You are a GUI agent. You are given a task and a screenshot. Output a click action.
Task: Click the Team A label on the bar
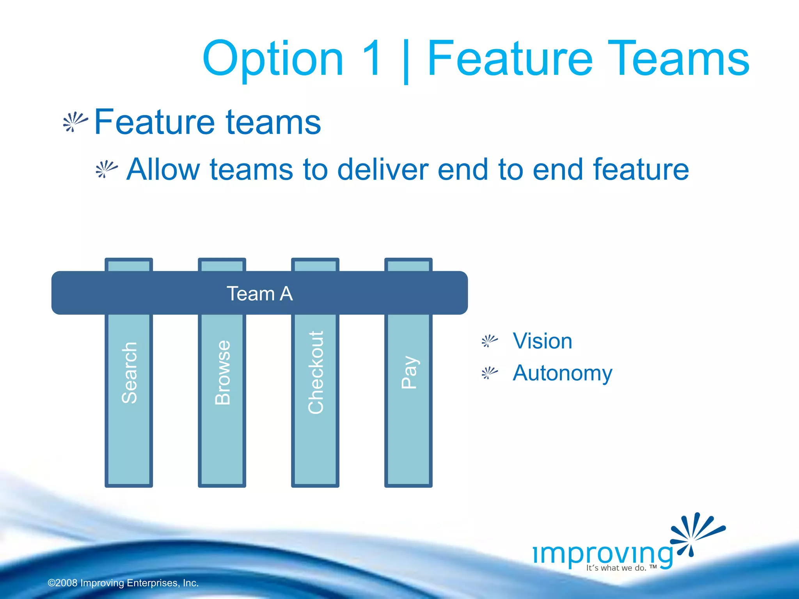[259, 294]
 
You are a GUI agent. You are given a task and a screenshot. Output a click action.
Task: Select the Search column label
[130, 372]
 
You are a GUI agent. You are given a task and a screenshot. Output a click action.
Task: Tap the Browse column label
[223, 372]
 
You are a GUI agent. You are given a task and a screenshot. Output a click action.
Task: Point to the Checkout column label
[316, 372]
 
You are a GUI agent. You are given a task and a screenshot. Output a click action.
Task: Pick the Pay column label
[409, 372]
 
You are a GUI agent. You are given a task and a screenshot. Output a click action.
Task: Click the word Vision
[542, 341]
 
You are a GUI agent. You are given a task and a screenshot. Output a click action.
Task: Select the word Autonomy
[562, 373]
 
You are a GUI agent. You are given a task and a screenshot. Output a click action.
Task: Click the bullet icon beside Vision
[489, 341]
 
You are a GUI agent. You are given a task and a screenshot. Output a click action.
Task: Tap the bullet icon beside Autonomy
[489, 373]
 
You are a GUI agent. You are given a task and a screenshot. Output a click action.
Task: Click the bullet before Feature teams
[75, 122]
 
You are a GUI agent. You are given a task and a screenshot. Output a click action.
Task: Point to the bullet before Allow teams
[106, 169]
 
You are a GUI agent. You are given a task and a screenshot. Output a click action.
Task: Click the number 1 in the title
[371, 58]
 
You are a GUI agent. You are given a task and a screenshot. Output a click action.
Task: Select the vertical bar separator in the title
[406, 60]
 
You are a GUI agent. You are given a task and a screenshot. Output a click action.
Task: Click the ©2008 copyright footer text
[123, 583]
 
